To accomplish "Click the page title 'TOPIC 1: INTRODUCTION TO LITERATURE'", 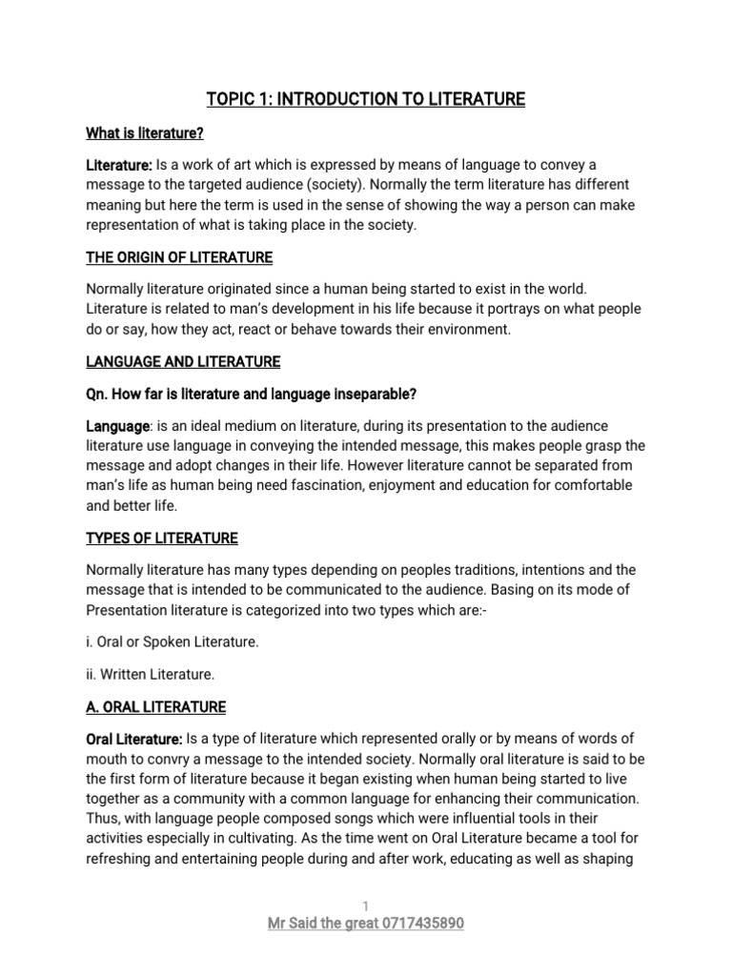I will [366, 99].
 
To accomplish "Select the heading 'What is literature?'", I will [145, 133].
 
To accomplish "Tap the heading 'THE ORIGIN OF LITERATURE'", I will [179, 257].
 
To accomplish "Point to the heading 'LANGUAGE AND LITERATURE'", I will [183, 361].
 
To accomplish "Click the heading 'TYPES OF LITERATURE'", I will [162, 539].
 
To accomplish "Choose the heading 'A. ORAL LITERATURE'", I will [156, 707].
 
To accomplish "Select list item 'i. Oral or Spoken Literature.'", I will [173, 641].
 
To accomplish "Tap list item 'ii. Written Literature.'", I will [151, 674].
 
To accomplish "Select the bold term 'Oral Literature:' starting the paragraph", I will [134, 740].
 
